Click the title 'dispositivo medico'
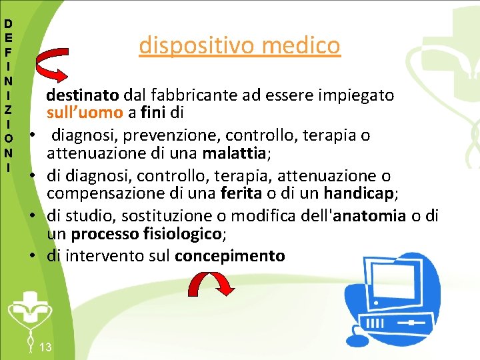239,45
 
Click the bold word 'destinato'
74,95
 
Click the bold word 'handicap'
359,194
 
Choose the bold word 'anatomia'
369,215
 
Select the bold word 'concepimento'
229,255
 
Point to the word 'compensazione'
97,194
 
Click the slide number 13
46,347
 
